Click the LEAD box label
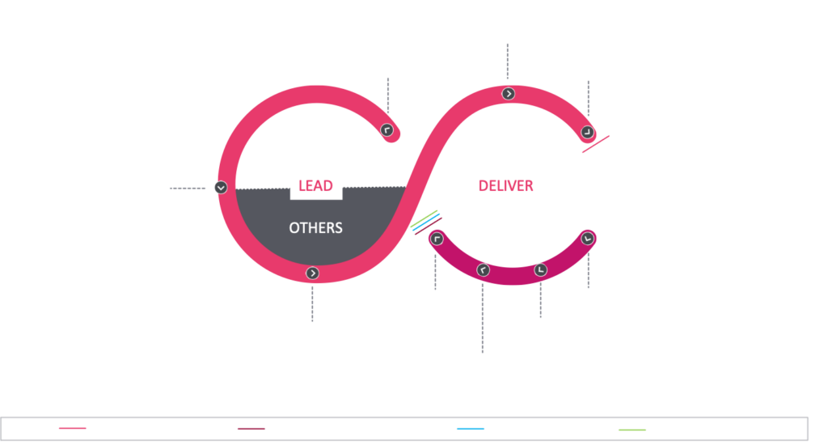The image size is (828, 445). tap(315, 185)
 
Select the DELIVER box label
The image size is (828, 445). tap(506, 185)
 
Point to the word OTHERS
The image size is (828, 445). tap(315, 228)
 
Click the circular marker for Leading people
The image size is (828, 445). tap(221, 188)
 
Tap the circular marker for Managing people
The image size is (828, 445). tap(313, 273)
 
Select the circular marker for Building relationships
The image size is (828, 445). tap(509, 94)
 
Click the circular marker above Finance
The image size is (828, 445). tap(541, 270)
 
